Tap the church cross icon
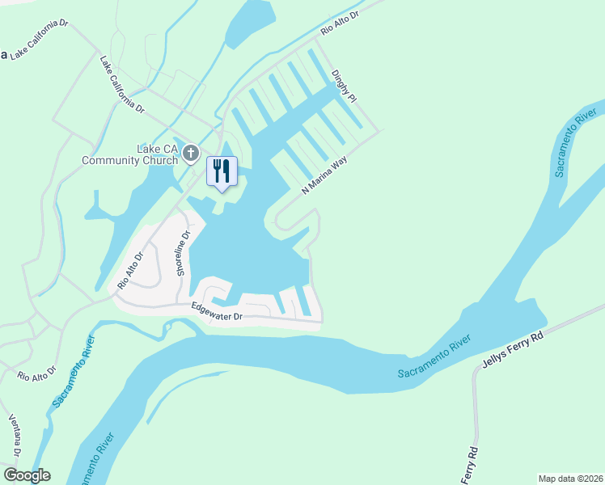[x=191, y=153]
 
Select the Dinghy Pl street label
[x=343, y=84]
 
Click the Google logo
[x=26, y=475]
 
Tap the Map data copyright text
[x=570, y=478]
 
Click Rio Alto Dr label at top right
[x=339, y=18]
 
